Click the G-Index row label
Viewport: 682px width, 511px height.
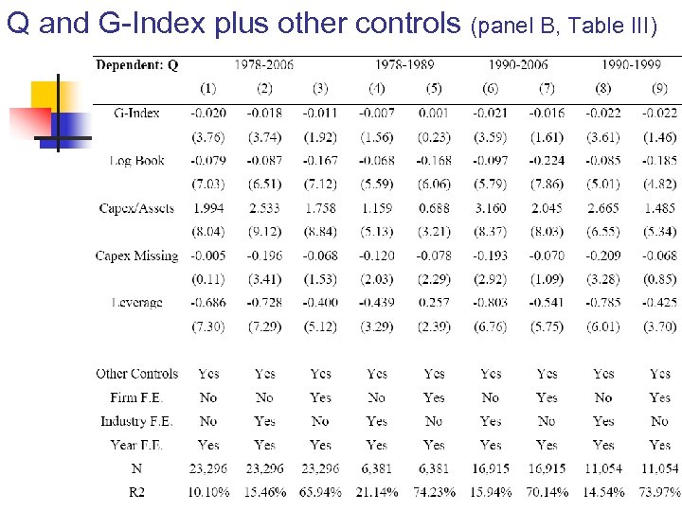[136, 113]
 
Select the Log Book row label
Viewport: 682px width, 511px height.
[136, 160]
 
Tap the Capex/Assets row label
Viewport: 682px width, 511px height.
[137, 208]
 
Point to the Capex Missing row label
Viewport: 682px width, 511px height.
[136, 255]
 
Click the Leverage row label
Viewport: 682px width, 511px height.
[136, 303]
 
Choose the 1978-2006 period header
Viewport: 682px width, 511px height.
[264, 64]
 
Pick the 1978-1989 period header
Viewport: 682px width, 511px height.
[404, 64]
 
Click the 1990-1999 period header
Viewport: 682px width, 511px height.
[631, 64]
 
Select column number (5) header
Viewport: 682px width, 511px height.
[434, 88]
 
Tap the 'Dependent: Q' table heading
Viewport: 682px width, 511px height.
[137, 64]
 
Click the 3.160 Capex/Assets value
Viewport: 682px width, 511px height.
[490, 208]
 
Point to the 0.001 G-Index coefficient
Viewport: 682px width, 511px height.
[434, 113]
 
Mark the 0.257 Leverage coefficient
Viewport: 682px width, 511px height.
[434, 303]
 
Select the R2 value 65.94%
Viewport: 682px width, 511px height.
[320, 492]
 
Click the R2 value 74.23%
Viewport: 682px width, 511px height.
[434, 492]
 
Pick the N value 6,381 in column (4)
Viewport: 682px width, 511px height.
[377, 468]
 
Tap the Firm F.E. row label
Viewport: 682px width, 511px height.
[136, 397]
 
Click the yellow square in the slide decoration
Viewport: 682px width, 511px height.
[49, 95]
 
